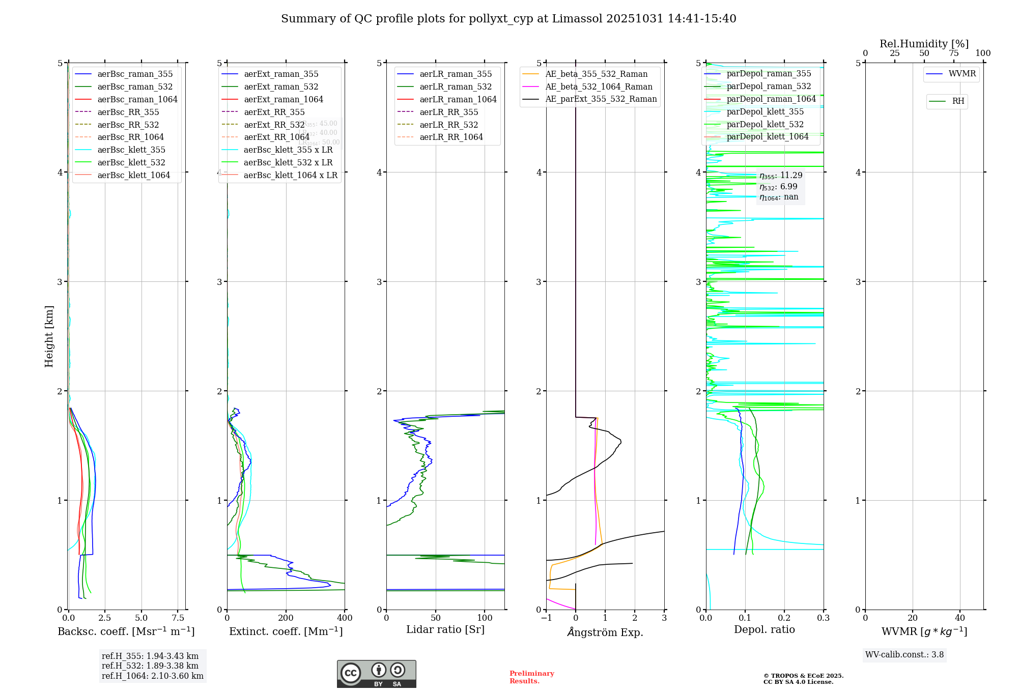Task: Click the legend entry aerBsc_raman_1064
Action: click(137, 99)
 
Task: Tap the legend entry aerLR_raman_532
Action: click(456, 86)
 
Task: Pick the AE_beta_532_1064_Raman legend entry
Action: click(599, 86)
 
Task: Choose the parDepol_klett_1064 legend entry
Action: click(767, 136)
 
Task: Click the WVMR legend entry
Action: click(962, 74)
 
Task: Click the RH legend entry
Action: click(958, 101)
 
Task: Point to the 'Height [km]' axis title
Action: click(49, 336)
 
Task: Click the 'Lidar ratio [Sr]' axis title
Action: click(445, 629)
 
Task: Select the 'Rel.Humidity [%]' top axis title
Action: click(924, 44)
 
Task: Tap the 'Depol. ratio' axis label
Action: click(764, 629)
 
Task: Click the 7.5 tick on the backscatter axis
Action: click(178, 618)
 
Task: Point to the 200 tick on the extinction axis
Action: click(286, 618)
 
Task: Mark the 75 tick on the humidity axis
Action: click(953, 53)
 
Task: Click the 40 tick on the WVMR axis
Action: click(959, 618)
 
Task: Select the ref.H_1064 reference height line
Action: click(153, 676)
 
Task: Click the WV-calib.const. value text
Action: click(904, 654)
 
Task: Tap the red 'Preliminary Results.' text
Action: click(531, 677)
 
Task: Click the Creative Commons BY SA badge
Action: click(376, 674)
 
